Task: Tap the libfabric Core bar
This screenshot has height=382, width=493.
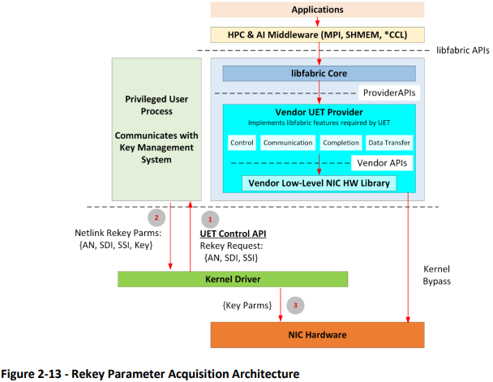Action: click(x=319, y=74)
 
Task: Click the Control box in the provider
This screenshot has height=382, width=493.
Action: click(x=242, y=143)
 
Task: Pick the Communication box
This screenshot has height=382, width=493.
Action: click(x=288, y=143)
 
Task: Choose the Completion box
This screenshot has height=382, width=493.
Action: click(x=341, y=143)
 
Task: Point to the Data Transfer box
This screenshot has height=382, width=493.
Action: click(x=389, y=143)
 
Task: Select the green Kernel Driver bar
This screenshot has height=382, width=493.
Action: click(x=233, y=279)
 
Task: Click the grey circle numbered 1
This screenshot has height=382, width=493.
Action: click(x=209, y=218)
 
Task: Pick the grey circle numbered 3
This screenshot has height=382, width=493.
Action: click(x=296, y=306)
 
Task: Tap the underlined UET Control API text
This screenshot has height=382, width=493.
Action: click(x=234, y=234)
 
